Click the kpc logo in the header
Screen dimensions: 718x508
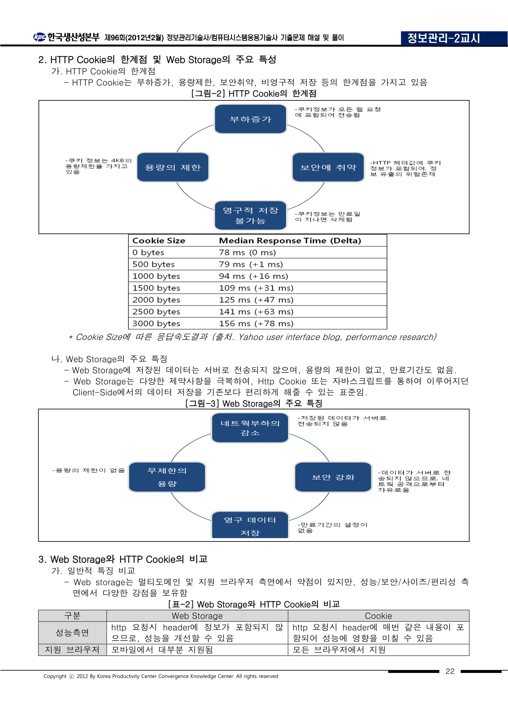40,37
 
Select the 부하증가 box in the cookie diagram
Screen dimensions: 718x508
250,119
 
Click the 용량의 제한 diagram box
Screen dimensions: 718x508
173,167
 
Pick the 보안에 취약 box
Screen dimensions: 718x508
328,167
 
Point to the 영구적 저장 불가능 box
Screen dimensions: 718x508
250,215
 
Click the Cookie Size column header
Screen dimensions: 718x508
158,240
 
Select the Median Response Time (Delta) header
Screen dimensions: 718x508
290,240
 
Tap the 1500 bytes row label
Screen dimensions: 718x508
156,288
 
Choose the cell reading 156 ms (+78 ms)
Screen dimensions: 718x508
256,323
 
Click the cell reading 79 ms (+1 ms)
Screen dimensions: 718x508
251,264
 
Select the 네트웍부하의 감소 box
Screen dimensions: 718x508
250,428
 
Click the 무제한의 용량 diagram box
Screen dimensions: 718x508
167,477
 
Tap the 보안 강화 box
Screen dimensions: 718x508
333,477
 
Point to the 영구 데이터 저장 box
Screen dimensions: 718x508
250,526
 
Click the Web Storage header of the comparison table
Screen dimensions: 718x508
197,616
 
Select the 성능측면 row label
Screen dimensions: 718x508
72,633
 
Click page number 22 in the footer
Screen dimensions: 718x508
450,671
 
